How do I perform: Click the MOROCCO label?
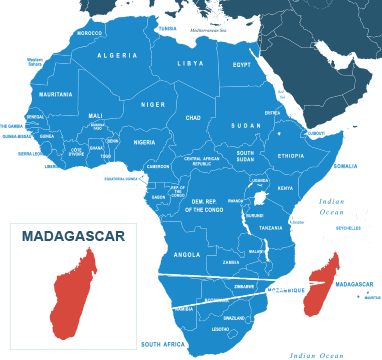(90, 33)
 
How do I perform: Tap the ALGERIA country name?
(117, 56)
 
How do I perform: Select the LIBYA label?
(190, 63)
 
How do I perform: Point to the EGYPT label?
(241, 64)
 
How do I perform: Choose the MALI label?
(95, 115)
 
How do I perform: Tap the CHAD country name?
(193, 118)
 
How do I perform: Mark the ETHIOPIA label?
(291, 156)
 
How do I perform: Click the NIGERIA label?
(145, 142)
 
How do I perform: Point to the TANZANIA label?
(271, 228)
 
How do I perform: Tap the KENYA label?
(285, 188)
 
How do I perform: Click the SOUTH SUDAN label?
(245, 157)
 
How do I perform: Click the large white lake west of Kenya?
(260, 199)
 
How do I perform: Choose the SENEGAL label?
(35, 117)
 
